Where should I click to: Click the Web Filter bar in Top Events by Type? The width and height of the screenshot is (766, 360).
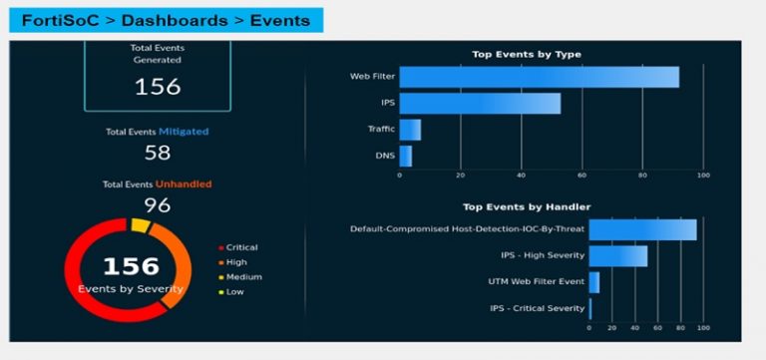[x=539, y=77]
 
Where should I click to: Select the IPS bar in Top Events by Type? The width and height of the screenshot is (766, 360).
[x=480, y=104]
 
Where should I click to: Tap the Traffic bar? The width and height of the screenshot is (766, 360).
[x=410, y=130]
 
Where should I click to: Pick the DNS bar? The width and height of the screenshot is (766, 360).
[x=405, y=156]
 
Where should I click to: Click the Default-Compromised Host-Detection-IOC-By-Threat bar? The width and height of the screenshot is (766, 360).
[x=642, y=229]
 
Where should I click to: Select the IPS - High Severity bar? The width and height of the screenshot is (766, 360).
[x=618, y=256]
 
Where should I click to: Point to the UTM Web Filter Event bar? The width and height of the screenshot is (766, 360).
[x=594, y=282]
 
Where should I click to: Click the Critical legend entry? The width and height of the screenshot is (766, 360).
[x=241, y=247]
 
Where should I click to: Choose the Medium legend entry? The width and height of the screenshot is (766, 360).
[x=242, y=277]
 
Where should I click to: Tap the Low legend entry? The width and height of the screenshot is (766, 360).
[x=236, y=292]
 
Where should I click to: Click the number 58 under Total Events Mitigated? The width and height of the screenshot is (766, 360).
[x=158, y=153]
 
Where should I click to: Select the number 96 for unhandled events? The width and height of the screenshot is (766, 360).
[x=158, y=205]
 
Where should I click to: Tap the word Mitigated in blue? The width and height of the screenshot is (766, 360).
[x=184, y=131]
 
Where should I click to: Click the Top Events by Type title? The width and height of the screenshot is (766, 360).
[x=527, y=54]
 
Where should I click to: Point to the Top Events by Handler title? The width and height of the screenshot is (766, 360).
[x=527, y=207]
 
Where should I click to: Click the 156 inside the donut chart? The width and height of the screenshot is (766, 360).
[x=131, y=266]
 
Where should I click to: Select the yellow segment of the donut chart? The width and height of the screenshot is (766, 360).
[x=141, y=226]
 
